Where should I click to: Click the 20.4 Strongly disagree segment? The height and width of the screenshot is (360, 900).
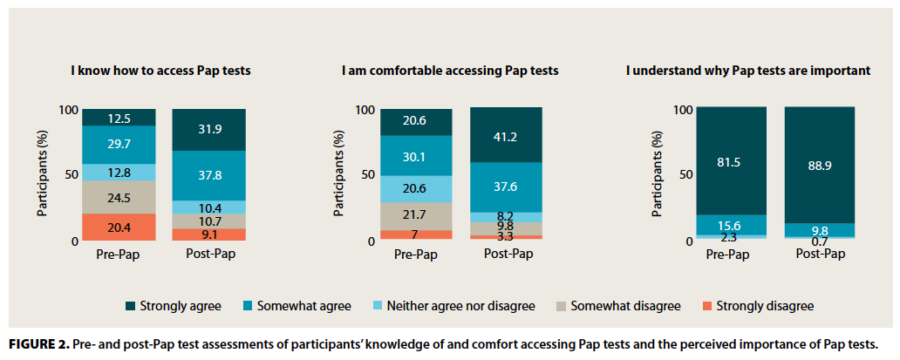119,227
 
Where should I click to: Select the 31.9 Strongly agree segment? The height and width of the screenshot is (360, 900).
208,130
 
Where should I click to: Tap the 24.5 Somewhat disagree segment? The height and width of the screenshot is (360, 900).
119,197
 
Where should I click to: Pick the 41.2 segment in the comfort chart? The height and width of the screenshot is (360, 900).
506,135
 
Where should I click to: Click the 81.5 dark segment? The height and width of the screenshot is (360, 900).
731,161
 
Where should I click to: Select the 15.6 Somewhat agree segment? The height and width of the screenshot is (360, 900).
731,225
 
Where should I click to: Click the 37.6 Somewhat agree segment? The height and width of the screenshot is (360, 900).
506,187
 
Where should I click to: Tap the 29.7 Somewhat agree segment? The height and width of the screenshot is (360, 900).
119,145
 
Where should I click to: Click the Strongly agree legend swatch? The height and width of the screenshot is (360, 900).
130,306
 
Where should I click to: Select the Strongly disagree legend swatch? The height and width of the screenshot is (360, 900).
705,306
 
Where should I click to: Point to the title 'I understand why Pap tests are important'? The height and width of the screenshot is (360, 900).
747,70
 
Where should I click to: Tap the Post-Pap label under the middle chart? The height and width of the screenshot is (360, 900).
508,255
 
